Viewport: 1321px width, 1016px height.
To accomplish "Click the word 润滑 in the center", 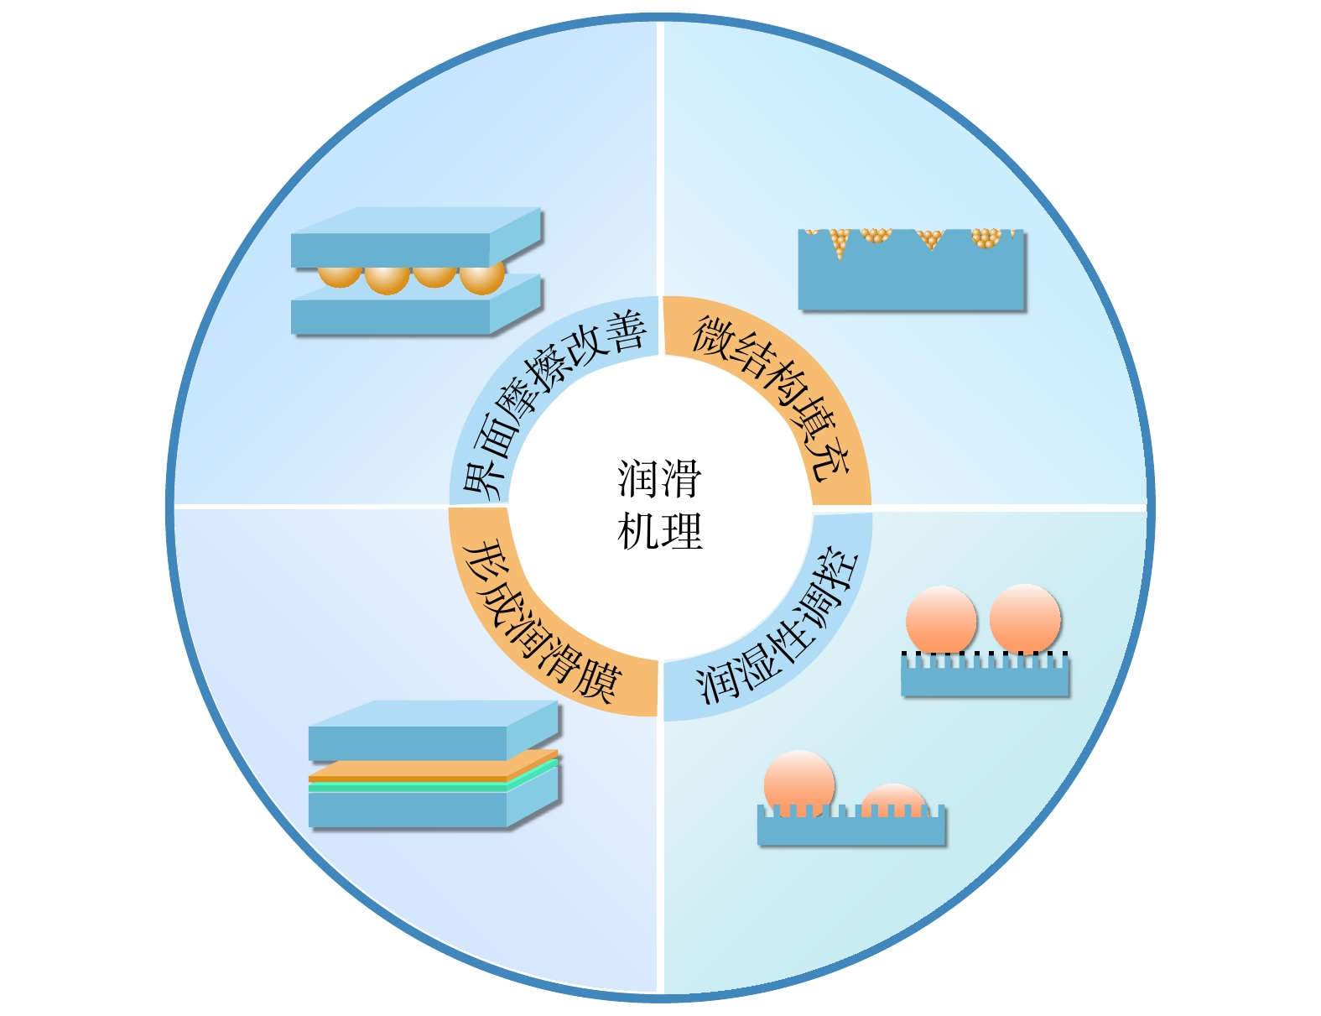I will (x=659, y=479).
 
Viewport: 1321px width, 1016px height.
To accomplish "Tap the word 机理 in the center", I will (x=659, y=532).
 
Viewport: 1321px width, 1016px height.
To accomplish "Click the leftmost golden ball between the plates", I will (x=340, y=275).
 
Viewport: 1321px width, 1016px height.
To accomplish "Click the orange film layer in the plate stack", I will (x=419, y=770).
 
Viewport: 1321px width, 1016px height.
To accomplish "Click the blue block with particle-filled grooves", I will (x=911, y=277).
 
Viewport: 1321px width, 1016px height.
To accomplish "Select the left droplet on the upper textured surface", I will (x=941, y=619).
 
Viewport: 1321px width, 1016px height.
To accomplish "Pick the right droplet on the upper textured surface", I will (x=1025, y=618).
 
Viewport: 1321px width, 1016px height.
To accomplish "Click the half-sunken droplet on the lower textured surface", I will (x=894, y=800).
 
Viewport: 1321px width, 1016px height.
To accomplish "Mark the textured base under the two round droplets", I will (x=985, y=678).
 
